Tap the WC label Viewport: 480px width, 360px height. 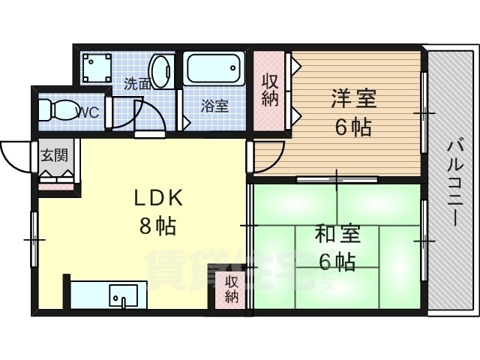tap(88, 113)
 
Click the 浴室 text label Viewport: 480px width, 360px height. tap(215, 106)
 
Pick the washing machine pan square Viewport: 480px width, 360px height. tap(94, 68)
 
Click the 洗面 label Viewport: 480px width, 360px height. tap(136, 83)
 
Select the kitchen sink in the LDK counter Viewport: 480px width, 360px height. tap(121, 295)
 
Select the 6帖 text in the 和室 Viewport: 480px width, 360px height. tap(337, 262)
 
